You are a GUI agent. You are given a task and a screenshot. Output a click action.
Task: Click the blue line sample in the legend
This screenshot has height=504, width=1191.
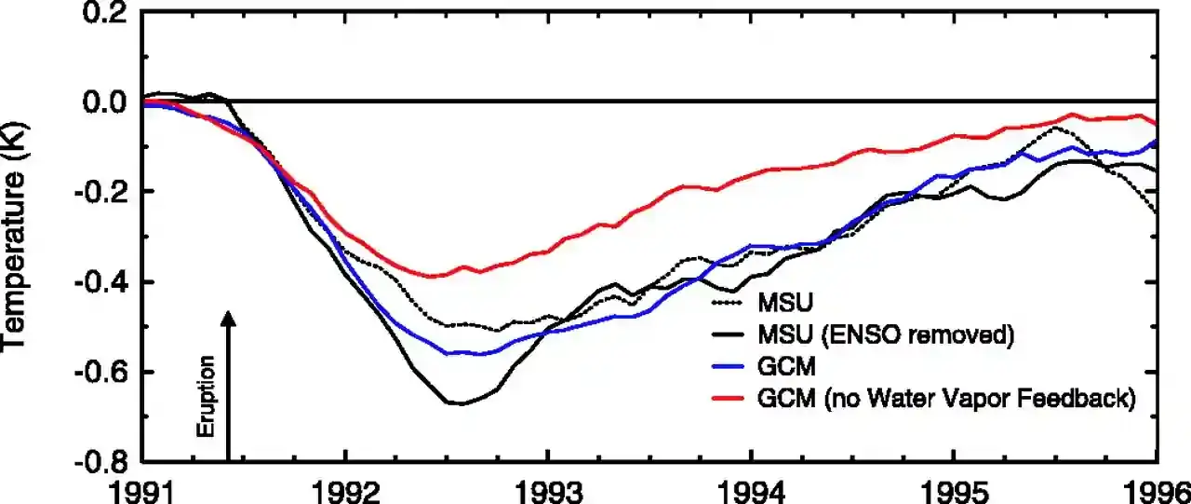click(729, 368)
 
